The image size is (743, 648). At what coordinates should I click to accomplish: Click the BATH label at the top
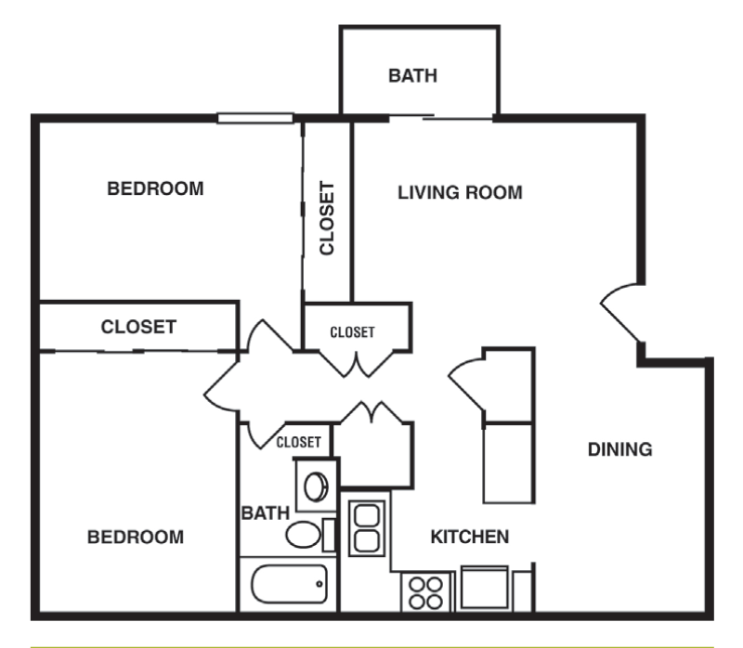pos(412,76)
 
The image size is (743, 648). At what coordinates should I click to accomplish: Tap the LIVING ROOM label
pos(460,193)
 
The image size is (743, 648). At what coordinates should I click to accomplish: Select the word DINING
pos(620,450)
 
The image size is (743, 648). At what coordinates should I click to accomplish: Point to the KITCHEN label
pos(470,537)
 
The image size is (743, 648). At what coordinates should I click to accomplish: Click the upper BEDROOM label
pos(155,188)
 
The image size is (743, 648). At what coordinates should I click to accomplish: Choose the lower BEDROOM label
pos(136,537)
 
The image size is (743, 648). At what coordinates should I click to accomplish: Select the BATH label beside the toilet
pos(266,512)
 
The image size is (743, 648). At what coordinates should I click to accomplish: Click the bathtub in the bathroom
pos(289,585)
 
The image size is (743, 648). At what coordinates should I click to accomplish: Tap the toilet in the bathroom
pos(305,534)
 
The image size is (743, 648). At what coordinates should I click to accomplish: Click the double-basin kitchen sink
pos(365,528)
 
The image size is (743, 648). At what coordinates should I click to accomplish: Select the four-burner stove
pos(425,591)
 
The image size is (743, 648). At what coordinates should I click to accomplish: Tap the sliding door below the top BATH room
pos(440,118)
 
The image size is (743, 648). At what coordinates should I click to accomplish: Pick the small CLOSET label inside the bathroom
pos(299,442)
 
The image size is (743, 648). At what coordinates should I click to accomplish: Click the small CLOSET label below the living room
pos(353,331)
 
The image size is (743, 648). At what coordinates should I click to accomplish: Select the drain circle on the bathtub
pos(319,585)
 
